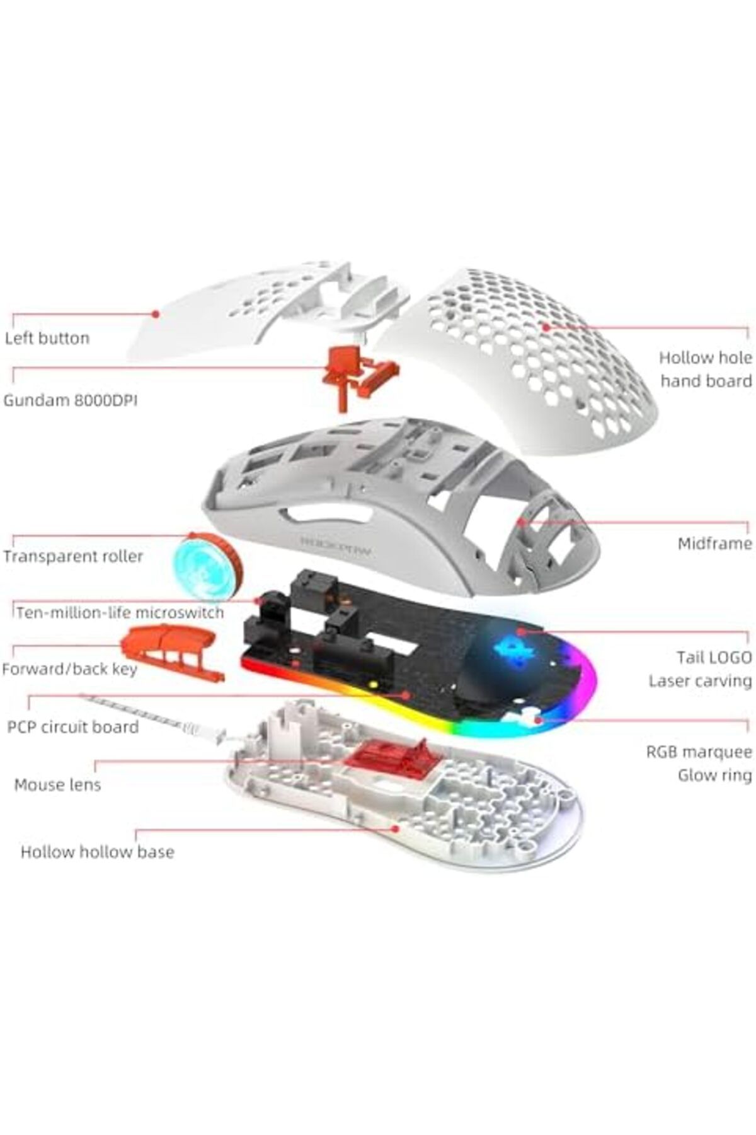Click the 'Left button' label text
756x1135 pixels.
click(47, 338)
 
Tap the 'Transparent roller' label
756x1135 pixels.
click(73, 556)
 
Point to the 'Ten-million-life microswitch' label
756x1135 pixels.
click(120, 612)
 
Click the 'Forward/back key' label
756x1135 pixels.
click(69, 668)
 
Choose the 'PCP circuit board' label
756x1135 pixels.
click(73, 726)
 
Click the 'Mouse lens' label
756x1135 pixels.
click(57, 785)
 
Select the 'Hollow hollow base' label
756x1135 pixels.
click(98, 852)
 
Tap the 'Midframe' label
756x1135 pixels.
click(715, 544)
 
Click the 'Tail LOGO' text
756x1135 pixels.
click(714, 658)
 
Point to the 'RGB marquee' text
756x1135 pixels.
click(699, 752)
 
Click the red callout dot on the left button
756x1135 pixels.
click(154, 313)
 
